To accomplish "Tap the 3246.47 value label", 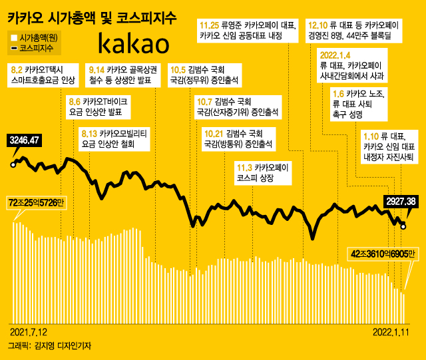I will pos(25,140).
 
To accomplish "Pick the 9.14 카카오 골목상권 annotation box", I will pos(123,75).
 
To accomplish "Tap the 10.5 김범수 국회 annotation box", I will pos(198,75).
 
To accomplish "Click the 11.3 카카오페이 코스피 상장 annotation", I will pos(262,173).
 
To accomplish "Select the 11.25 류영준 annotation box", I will pos(247,31).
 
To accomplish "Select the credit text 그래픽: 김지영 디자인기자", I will pos(50,346).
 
